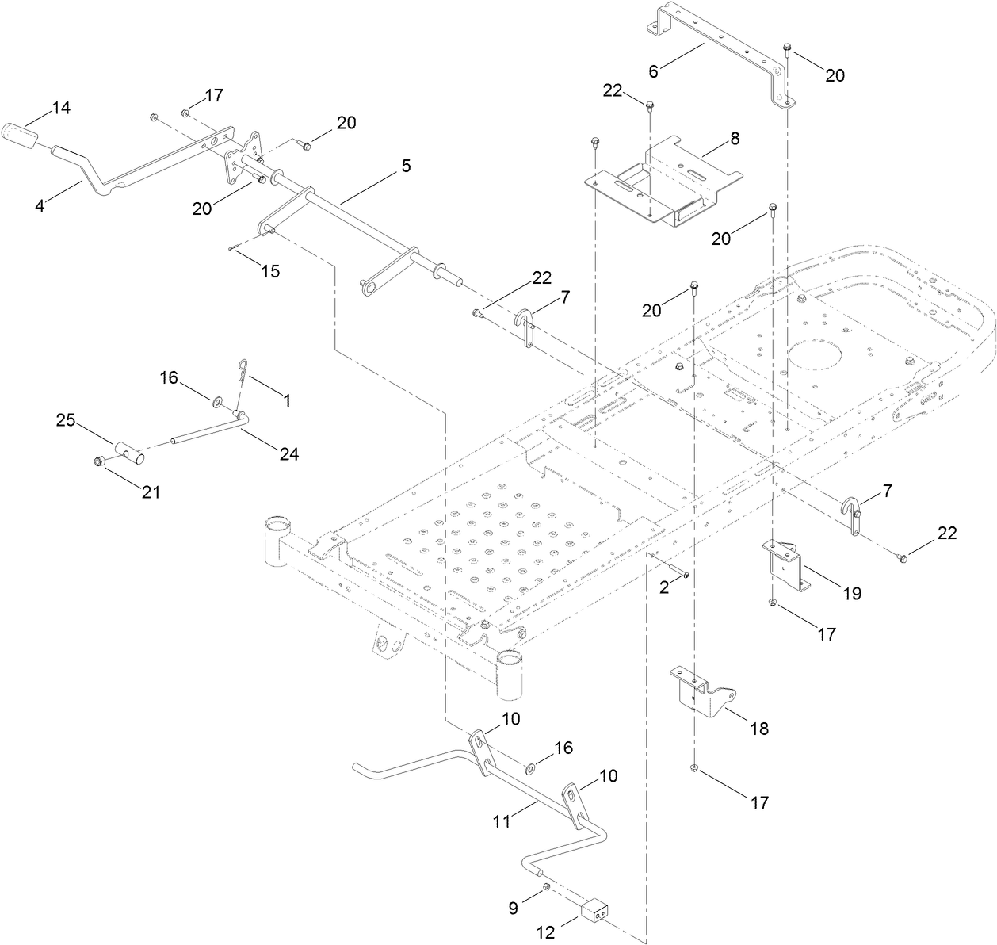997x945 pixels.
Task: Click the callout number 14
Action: [x=62, y=108]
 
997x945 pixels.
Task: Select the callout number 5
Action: [x=406, y=166]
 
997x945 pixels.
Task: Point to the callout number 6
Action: [x=654, y=71]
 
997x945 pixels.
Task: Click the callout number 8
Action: [x=735, y=138]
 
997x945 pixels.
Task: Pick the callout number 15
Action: [x=270, y=270]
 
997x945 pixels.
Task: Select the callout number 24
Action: [x=288, y=453]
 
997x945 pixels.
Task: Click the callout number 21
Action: [x=151, y=492]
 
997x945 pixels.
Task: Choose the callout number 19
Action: [x=852, y=593]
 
